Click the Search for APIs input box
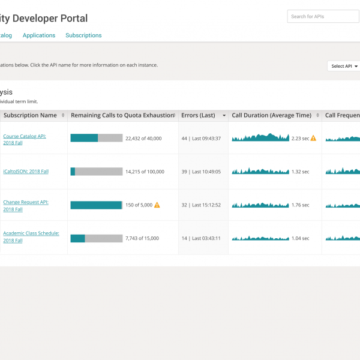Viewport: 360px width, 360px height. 323,17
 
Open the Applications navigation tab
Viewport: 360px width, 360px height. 39,35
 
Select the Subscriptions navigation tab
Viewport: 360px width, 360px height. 83,35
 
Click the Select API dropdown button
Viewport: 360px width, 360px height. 344,66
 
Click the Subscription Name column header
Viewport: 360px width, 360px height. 30,115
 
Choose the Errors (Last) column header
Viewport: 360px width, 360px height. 199,115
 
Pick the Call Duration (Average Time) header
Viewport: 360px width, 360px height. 272,115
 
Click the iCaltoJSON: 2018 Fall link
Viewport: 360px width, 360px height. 26,172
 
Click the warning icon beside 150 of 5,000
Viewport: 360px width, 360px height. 157,205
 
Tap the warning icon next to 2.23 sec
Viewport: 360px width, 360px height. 313,138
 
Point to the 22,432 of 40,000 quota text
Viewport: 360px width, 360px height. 143,139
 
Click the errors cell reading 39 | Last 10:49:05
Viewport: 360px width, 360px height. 201,172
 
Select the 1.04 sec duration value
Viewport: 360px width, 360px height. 301,238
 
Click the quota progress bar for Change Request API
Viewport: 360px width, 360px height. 96,205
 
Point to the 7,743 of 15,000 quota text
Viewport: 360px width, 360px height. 142,238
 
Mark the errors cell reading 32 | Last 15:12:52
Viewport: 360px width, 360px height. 201,205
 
